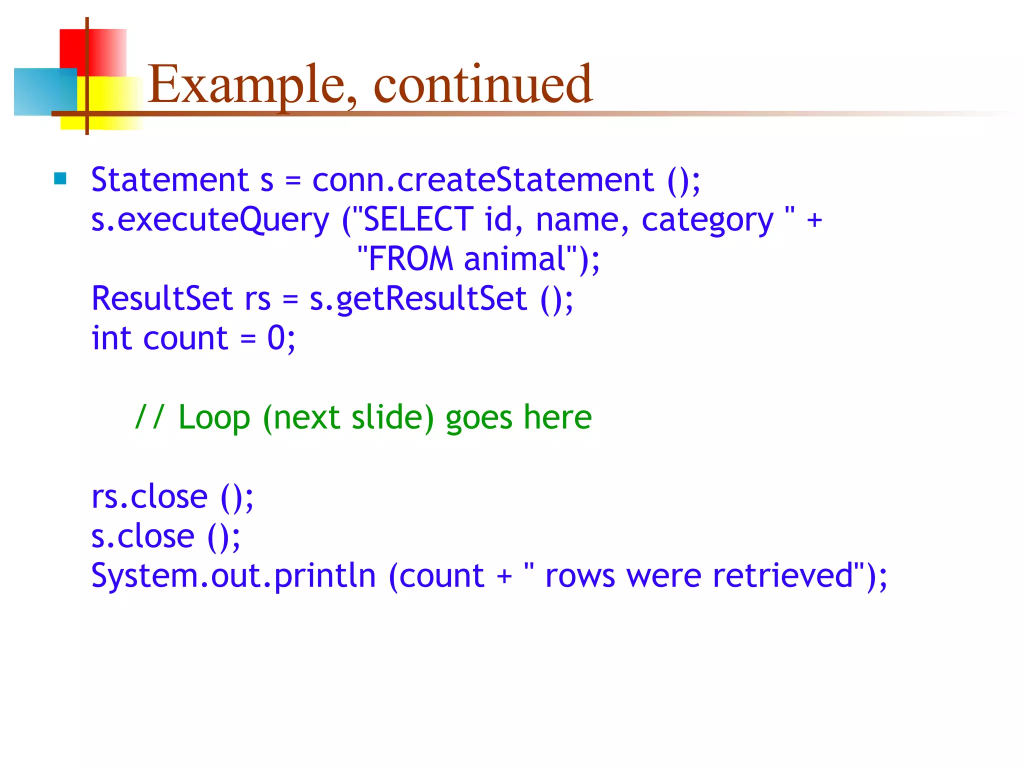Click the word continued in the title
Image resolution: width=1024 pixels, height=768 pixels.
482,85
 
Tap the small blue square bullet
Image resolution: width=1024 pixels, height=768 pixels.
60,178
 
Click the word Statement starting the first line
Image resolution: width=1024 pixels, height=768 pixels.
170,180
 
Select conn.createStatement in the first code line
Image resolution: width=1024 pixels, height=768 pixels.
482,180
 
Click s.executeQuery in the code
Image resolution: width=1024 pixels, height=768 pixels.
210,220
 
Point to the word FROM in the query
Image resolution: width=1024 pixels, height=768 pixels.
410,259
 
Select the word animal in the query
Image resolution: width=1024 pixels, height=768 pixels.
514,259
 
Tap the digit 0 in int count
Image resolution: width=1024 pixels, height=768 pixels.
276,338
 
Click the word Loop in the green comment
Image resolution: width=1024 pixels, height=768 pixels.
214,418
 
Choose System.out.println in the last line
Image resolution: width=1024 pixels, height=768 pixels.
233,576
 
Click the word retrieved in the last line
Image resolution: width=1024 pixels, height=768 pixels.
782,576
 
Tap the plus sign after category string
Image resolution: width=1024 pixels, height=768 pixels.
814,220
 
